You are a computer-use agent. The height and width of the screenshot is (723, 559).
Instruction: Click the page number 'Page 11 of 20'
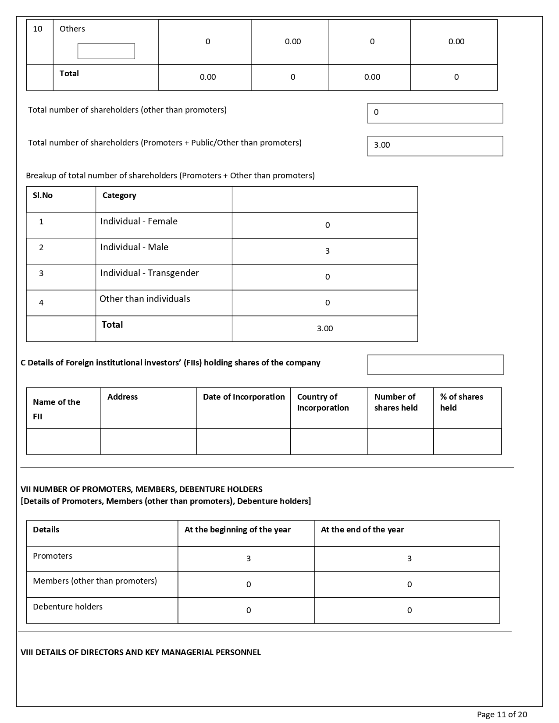502,715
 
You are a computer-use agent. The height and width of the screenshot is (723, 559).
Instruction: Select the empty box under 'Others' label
106,51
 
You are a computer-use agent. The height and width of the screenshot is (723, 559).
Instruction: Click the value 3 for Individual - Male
327,251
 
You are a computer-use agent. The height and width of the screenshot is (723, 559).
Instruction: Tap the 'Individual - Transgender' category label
150,273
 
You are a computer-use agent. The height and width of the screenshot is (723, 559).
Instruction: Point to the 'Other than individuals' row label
145,299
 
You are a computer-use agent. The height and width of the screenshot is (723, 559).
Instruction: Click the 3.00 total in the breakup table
325,329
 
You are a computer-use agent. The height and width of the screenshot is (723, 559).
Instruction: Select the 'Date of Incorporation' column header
244,397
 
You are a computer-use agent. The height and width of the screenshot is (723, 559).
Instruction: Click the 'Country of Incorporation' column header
323,402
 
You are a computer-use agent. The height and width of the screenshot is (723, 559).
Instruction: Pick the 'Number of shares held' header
396,402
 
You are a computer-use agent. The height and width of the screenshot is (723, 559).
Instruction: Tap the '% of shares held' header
461,402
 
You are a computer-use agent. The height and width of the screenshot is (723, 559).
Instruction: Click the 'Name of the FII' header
57,409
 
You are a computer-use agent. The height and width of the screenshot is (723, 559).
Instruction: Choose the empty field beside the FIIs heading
435,365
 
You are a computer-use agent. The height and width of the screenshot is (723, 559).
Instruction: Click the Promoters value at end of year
409,559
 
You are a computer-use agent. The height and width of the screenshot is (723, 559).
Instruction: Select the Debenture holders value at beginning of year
249,610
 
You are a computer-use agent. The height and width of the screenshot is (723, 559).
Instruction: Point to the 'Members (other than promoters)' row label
95,581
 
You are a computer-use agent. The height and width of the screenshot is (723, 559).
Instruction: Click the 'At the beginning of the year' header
238,530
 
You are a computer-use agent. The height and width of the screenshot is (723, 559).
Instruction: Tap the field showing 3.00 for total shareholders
435,146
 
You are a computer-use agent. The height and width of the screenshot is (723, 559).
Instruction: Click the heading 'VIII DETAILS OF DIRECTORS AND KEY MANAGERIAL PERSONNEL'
141,652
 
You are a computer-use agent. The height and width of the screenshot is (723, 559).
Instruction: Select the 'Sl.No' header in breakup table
43,195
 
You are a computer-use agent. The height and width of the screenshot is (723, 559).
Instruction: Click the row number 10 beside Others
38,29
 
